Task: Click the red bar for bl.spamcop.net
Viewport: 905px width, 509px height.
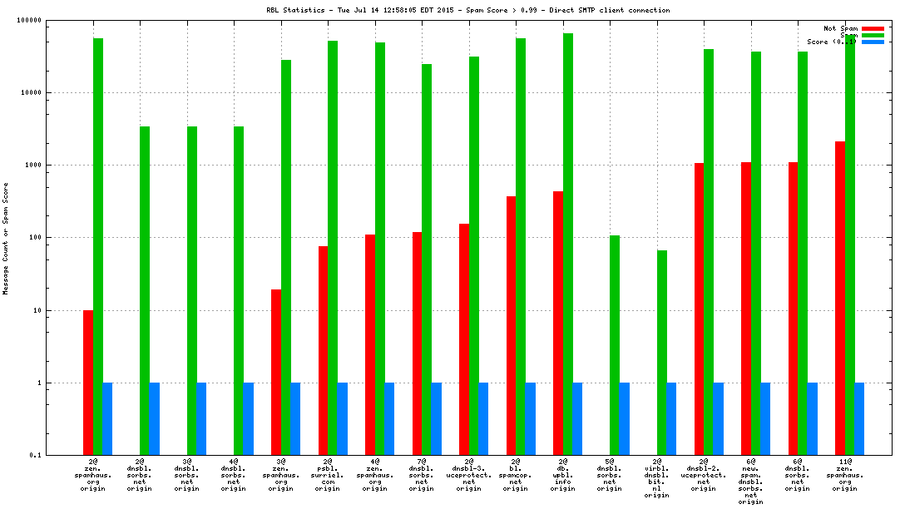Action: pos(511,325)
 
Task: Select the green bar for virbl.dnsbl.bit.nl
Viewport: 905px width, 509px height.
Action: pos(662,353)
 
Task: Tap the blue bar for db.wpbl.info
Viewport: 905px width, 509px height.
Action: pos(577,418)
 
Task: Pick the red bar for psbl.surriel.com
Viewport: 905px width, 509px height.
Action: pos(323,350)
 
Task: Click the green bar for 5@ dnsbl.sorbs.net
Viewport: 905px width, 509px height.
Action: pos(615,345)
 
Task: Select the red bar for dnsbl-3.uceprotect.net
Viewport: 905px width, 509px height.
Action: pos(464,339)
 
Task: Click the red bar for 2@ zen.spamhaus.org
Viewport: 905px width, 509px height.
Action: pos(88,383)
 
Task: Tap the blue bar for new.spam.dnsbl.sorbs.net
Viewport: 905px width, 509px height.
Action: pos(765,418)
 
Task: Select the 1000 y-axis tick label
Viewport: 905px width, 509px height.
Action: pos(32,166)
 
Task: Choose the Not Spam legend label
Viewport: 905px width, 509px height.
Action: pos(840,28)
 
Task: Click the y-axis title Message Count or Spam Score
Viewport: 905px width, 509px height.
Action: pos(6,237)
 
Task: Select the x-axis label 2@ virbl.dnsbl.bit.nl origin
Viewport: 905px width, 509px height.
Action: pos(657,477)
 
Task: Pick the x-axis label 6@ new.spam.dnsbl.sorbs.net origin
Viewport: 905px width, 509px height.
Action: pos(751,481)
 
